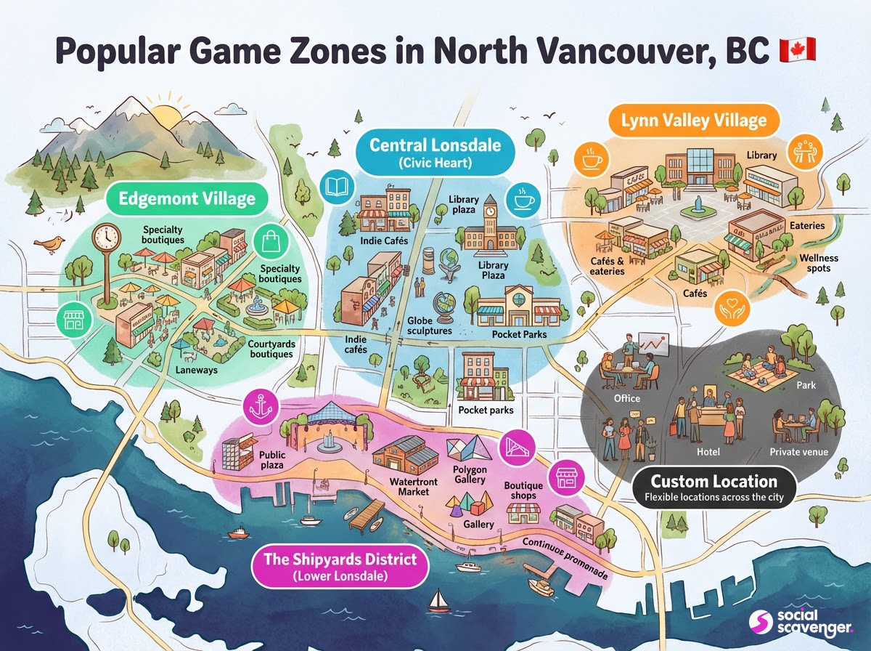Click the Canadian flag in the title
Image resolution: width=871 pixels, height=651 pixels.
pyautogui.click(x=797, y=51)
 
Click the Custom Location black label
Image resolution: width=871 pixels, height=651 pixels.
pyautogui.click(x=714, y=488)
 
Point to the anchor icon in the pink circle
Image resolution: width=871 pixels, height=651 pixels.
pyautogui.click(x=260, y=407)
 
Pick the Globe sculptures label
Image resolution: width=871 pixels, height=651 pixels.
pyautogui.click(x=430, y=325)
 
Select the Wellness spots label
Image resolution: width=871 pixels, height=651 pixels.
pyautogui.click(x=819, y=263)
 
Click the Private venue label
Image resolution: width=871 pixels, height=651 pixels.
pyautogui.click(x=798, y=452)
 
